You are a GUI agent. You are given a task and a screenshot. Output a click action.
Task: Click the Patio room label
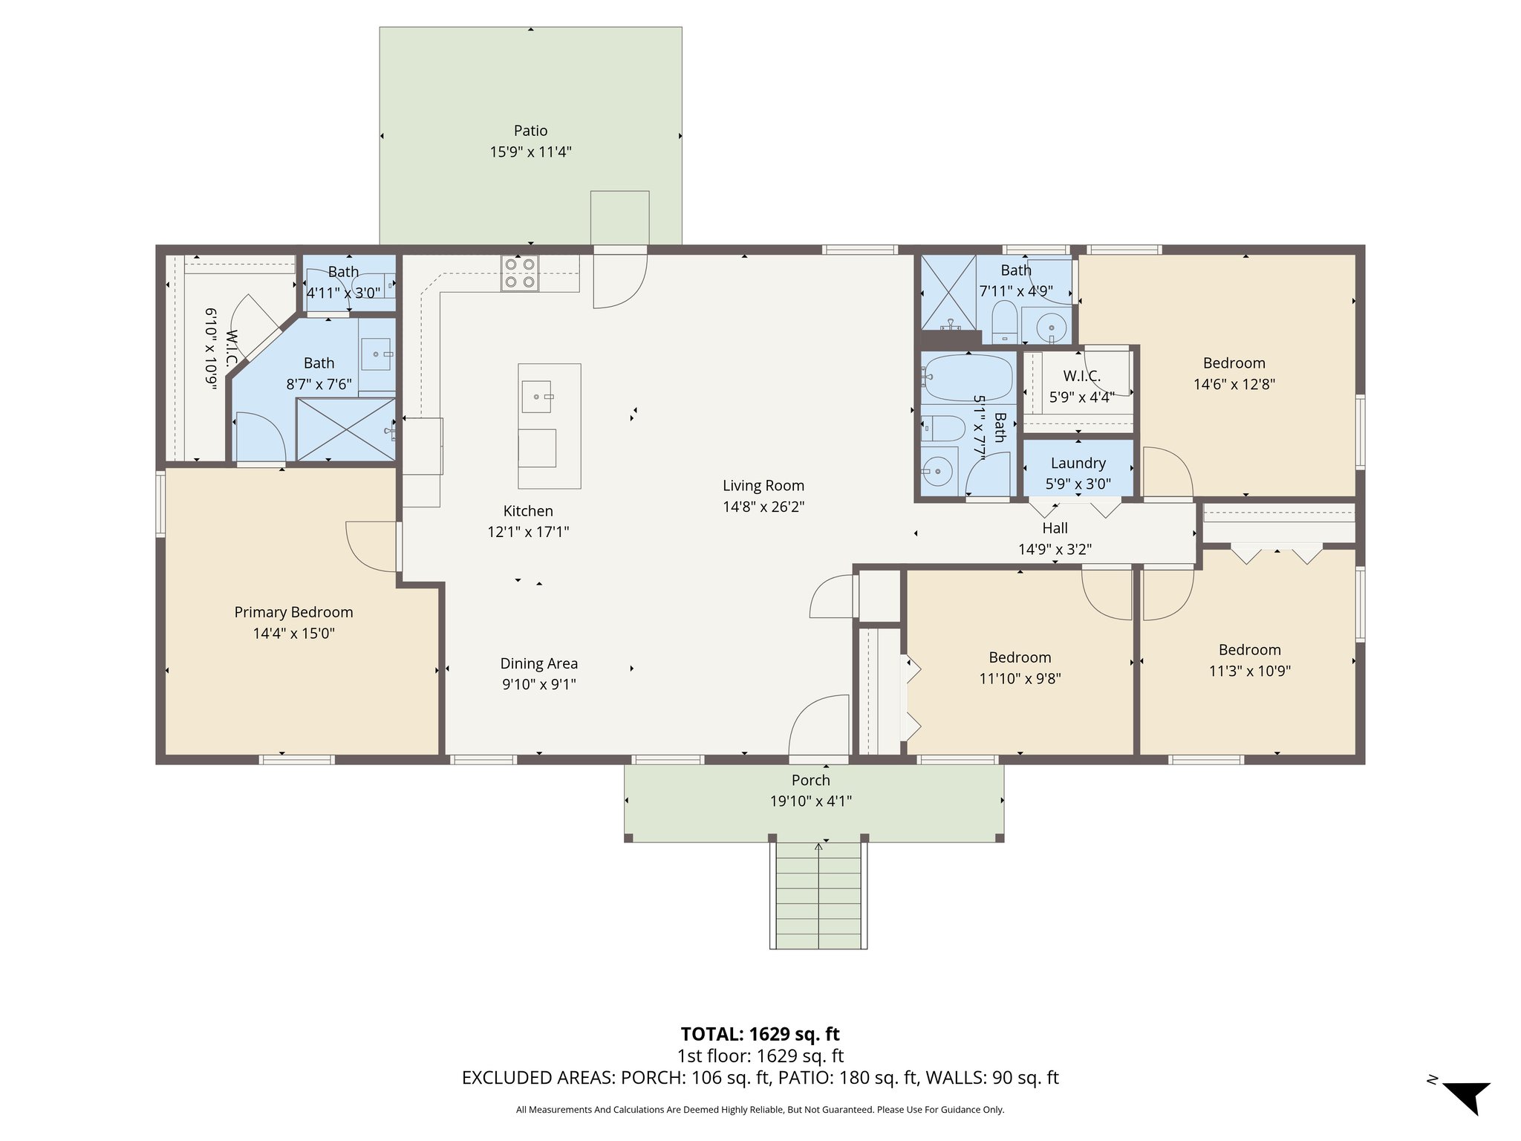(x=530, y=131)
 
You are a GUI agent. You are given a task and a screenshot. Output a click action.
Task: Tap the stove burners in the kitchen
(x=520, y=273)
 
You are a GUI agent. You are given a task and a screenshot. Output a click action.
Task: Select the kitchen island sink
(x=536, y=396)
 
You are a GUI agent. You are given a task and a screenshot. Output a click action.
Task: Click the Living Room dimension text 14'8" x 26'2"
(x=763, y=507)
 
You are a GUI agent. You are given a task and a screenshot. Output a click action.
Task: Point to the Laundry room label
(x=1078, y=463)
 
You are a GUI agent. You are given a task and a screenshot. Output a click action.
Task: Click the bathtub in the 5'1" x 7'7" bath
(x=967, y=377)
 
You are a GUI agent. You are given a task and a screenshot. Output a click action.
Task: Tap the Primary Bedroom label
(x=293, y=612)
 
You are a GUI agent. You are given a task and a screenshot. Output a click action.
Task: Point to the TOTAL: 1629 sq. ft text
(x=760, y=1034)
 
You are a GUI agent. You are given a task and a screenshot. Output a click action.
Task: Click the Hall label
(x=1055, y=528)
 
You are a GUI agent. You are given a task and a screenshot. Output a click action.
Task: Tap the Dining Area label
(x=538, y=663)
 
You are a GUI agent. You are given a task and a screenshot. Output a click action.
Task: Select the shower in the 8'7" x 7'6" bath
(x=346, y=429)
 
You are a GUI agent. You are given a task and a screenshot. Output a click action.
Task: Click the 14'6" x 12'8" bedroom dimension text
(x=1234, y=385)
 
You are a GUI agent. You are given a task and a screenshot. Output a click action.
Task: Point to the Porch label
(x=810, y=780)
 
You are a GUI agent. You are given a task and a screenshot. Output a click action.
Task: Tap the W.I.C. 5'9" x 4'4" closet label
(x=1081, y=376)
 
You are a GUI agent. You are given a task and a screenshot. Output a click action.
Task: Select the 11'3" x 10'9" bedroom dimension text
(x=1249, y=671)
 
